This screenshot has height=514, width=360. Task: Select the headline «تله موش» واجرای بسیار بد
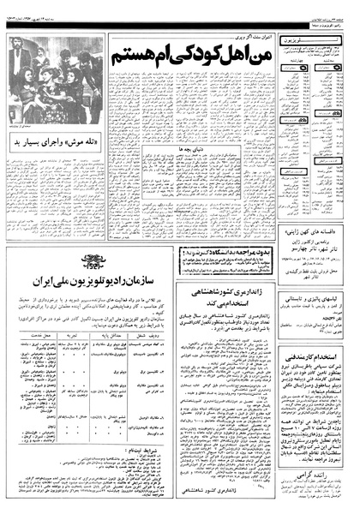pyautogui.click(x=48, y=140)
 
